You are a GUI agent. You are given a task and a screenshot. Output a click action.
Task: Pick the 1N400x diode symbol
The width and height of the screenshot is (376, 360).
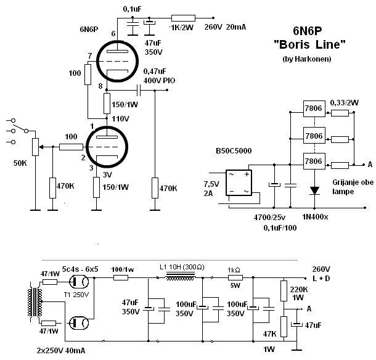315,190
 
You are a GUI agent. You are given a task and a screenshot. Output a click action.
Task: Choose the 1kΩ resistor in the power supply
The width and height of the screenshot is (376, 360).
235,278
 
